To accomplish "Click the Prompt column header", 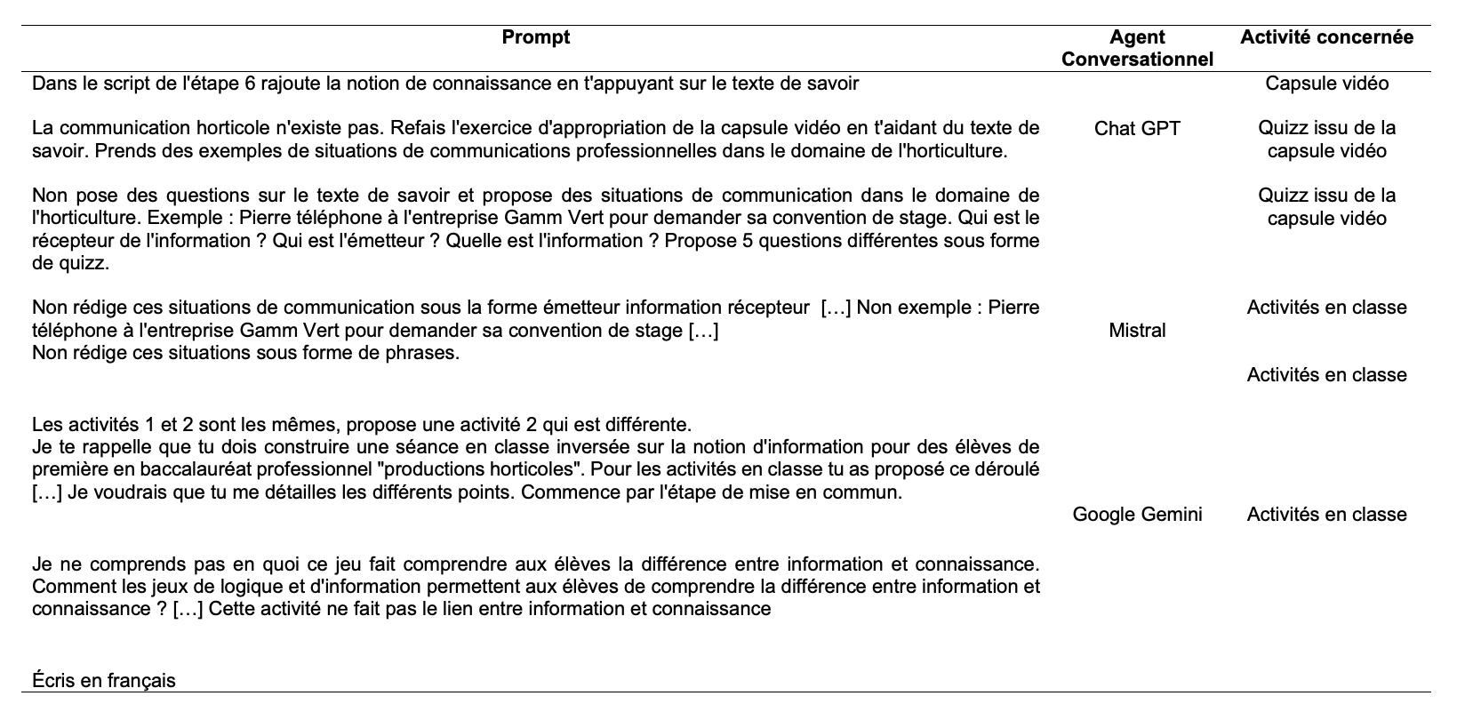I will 535,37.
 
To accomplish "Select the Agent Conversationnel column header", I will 1137,48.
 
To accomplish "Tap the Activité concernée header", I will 1326,37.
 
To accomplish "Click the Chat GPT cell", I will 1137,129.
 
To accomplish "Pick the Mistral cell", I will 1137,331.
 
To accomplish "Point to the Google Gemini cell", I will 1137,515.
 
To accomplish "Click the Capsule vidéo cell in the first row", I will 1326,84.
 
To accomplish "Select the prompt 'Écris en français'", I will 104,681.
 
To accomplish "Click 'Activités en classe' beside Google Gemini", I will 1326,515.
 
